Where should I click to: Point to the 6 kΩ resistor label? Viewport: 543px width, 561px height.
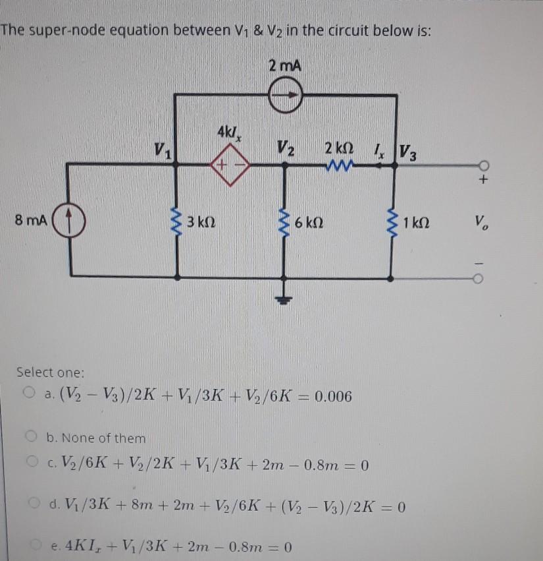308,222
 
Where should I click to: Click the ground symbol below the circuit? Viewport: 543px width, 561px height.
286,299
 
